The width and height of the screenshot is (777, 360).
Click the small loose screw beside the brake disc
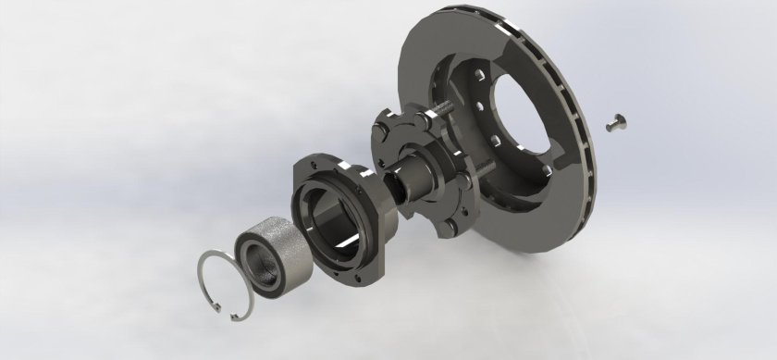tap(617, 121)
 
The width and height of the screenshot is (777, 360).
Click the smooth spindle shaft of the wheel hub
tap(413, 175)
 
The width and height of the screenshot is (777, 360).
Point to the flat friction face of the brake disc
tap(435, 56)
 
